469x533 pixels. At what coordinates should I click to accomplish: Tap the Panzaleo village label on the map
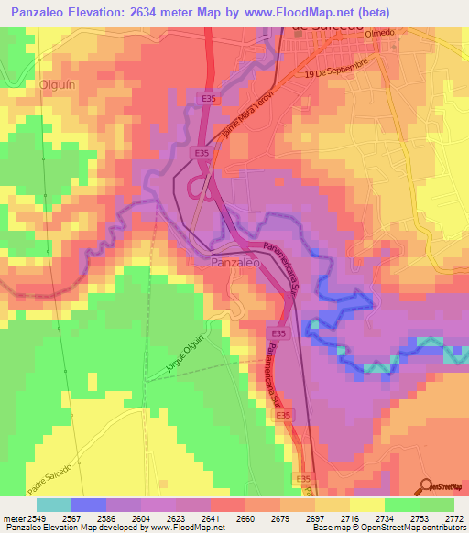click(x=235, y=262)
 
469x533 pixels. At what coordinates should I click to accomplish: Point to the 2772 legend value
click(x=453, y=518)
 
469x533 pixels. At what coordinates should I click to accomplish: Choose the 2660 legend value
click(x=245, y=518)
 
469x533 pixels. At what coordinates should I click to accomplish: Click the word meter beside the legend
click(x=12, y=518)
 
